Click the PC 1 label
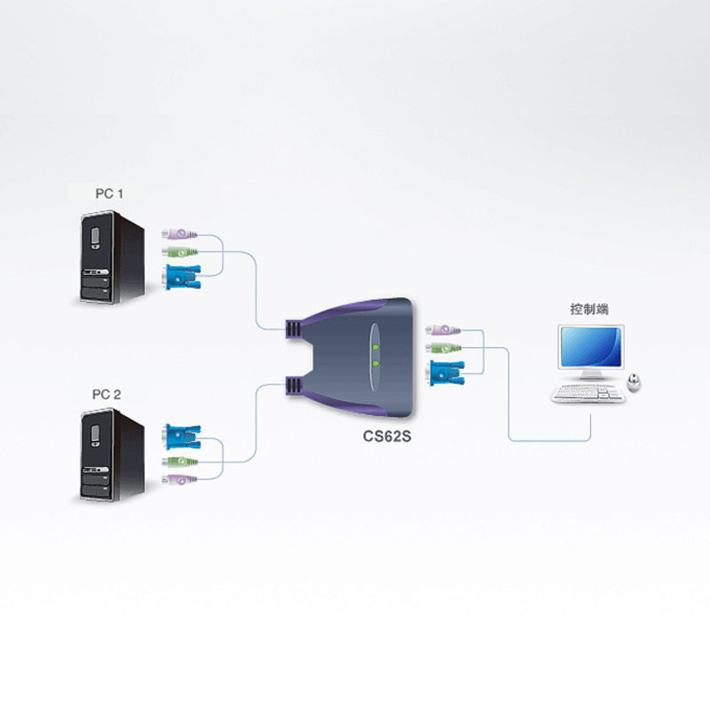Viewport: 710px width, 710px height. pos(110,192)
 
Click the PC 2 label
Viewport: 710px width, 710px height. pos(110,392)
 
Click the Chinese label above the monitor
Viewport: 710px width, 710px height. pos(589,310)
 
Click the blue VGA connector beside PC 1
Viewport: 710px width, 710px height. pos(181,279)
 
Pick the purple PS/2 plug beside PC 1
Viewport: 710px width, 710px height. pos(178,235)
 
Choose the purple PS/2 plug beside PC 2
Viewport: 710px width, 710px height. pos(178,480)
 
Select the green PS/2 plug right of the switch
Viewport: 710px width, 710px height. pos(442,348)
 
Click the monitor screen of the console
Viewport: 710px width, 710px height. pos(590,349)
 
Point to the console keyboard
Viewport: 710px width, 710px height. pos(588,393)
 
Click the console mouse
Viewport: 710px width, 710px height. pos(635,382)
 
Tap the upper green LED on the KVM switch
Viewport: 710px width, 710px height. pos(375,347)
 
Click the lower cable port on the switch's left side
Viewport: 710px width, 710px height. pos(294,384)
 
